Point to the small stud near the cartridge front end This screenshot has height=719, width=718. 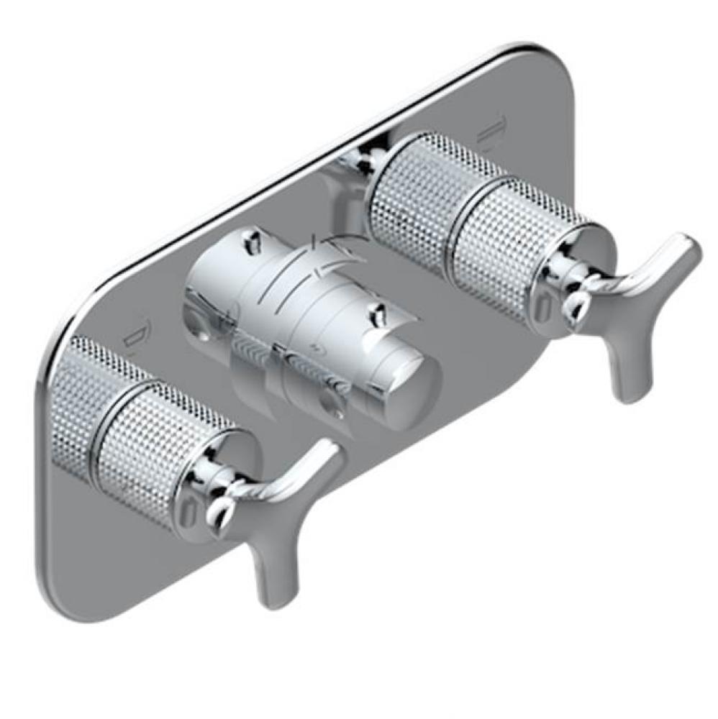point(376,313)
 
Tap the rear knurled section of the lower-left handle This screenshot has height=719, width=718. point(86,399)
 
